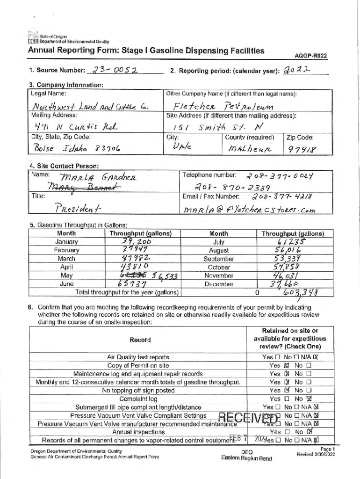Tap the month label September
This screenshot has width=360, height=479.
(218, 259)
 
